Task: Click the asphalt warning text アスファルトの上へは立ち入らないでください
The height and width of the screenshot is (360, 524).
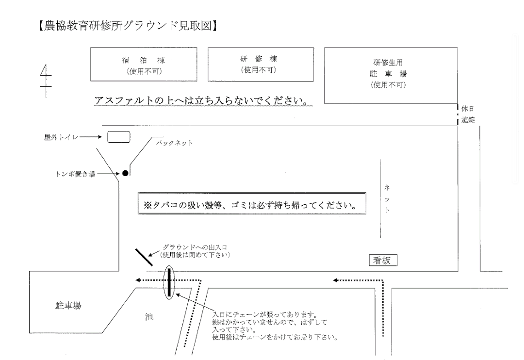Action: click(x=202, y=101)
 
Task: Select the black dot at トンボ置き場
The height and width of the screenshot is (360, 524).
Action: click(x=125, y=173)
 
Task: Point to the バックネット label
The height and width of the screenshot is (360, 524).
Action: click(x=175, y=144)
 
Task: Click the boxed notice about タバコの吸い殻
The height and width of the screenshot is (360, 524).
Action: click(x=251, y=205)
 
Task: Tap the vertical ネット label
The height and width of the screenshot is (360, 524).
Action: click(x=387, y=199)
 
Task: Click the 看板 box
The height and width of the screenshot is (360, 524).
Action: click(x=383, y=261)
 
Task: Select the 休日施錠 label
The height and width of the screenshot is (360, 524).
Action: click(x=468, y=115)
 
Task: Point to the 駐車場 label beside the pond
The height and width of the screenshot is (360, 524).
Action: click(x=67, y=306)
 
